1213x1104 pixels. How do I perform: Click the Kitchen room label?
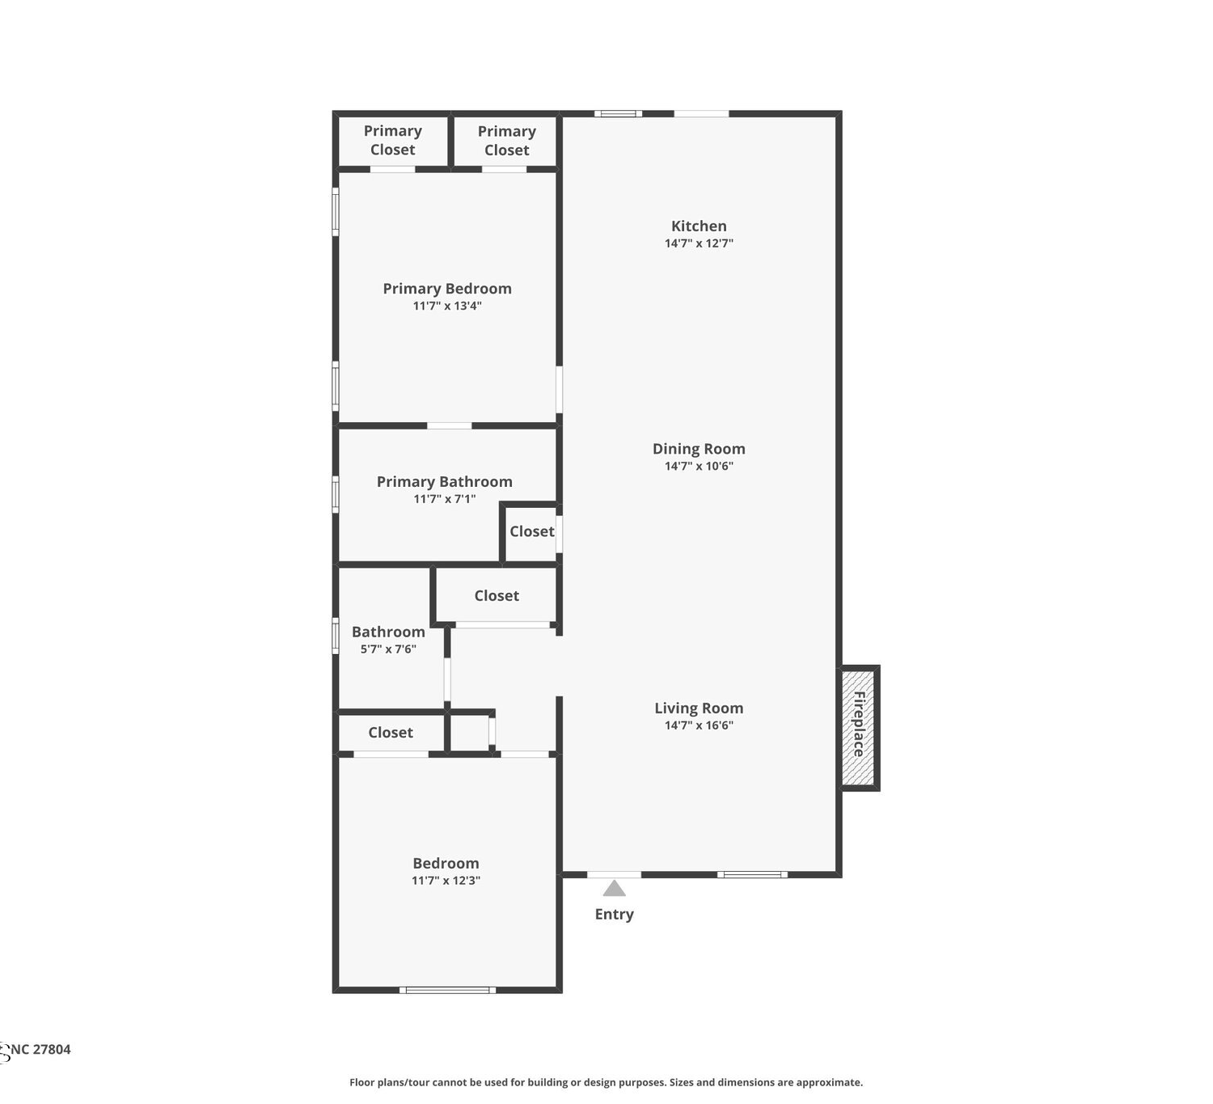[x=699, y=226]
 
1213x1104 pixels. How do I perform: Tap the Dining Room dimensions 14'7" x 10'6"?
[x=699, y=466]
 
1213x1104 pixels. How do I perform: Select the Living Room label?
[x=699, y=708]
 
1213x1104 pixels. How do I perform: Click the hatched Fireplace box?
[x=859, y=727]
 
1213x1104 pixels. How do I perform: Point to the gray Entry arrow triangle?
[x=614, y=888]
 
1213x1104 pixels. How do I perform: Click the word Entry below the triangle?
[x=614, y=914]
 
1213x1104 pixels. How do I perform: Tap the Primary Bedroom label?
[x=447, y=289]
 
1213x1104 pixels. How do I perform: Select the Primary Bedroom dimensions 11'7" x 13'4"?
[x=447, y=306]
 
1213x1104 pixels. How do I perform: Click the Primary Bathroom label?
[x=445, y=481]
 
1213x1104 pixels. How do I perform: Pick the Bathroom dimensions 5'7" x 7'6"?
[x=388, y=649]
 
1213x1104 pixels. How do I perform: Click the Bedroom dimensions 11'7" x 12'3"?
[x=446, y=880]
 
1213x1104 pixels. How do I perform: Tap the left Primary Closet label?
[x=392, y=141]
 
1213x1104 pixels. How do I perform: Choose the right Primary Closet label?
[x=507, y=141]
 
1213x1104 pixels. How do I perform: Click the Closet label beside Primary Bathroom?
[x=531, y=531]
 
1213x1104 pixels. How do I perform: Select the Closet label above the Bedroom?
[x=391, y=732]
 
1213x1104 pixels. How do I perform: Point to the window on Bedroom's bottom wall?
[x=447, y=990]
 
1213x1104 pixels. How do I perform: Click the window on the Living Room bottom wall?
[x=752, y=874]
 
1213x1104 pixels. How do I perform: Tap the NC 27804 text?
[x=40, y=1049]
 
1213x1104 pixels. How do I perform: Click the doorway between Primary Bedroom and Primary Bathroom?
[x=450, y=426]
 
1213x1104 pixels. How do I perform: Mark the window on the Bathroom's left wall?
[x=336, y=636]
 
